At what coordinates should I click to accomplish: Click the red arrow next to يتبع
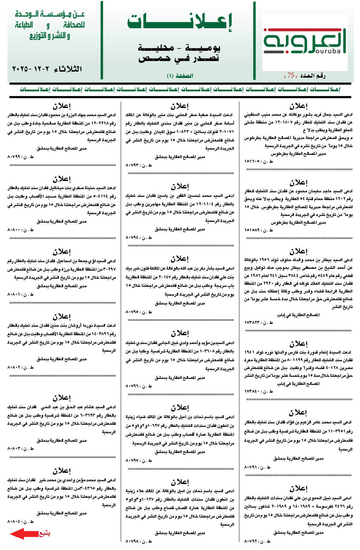[x=23, y=533]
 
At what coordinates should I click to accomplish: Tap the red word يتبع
[x=44, y=533]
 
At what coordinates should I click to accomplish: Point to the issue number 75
[x=291, y=75]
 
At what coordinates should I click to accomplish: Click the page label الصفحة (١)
[x=180, y=76]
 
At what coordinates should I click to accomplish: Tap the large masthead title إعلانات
[x=180, y=22]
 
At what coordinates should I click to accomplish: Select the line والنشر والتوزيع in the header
[x=50, y=36]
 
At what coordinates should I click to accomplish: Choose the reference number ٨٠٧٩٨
[x=133, y=541]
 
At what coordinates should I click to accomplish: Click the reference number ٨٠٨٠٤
[x=14, y=521]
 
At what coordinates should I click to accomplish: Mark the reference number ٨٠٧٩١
[x=252, y=467]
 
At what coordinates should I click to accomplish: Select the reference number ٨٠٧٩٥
[x=133, y=312]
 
